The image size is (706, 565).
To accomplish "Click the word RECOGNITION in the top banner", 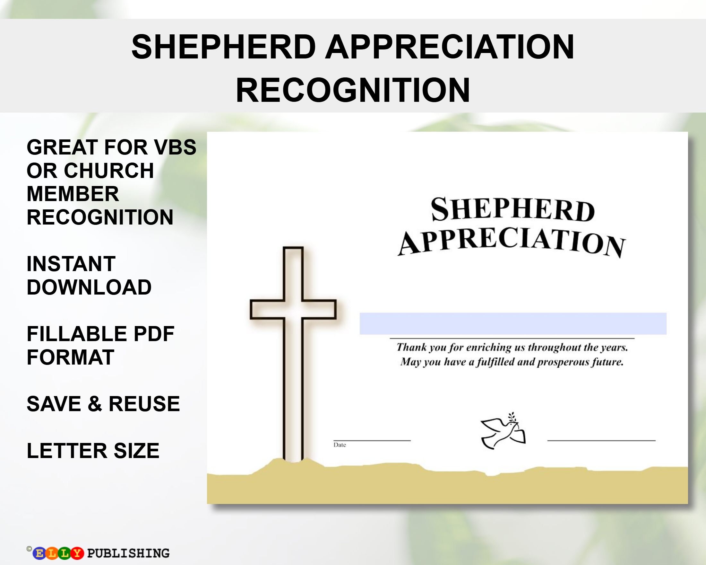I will (353, 90).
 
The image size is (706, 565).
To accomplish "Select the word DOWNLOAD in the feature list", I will (89, 287).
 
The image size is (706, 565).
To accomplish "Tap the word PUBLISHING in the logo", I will (128, 553).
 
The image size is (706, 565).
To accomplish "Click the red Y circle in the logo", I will (77, 553).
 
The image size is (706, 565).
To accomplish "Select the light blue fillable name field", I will (513, 323).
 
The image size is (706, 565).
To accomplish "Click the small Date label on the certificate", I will (340, 445).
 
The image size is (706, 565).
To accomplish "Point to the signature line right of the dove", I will (601, 440).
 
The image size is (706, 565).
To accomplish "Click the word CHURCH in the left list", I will (109, 171).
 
